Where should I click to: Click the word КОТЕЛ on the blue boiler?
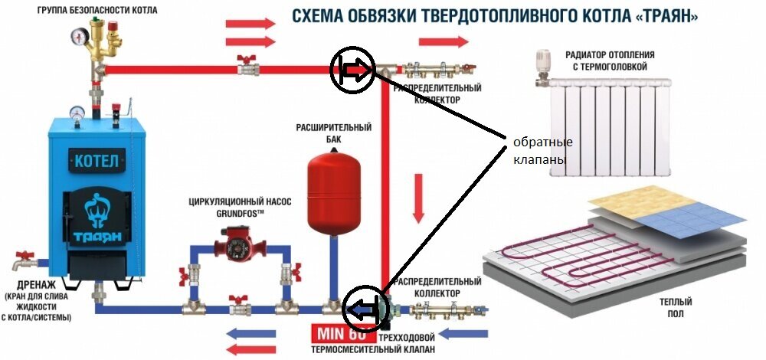click(x=97, y=162)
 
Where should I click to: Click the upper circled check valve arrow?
click(x=352, y=70)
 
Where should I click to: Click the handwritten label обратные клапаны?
click(x=542, y=152)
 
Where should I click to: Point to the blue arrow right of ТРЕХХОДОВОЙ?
click(x=466, y=335)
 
